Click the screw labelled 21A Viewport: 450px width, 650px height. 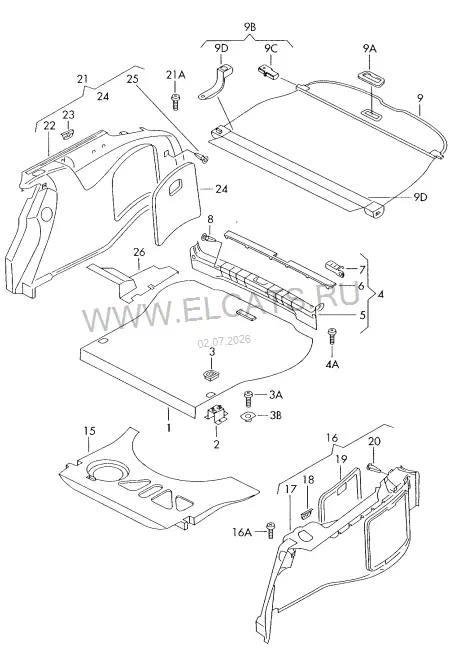tap(175, 102)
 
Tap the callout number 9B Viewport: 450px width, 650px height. tap(249, 27)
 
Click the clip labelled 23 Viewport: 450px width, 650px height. tap(68, 133)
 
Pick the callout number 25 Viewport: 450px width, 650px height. tap(133, 79)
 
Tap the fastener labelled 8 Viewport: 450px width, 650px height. tap(209, 238)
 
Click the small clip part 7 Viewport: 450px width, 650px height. tap(335, 268)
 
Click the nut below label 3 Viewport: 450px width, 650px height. tap(212, 374)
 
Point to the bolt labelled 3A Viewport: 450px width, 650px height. tap(248, 398)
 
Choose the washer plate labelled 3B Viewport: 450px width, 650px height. tap(249, 416)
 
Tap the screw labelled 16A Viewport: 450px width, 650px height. tap(271, 530)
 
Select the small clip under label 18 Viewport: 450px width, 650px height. tap(306, 515)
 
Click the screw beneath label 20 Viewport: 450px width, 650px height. tap(373, 468)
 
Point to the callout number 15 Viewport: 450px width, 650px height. tap(90, 431)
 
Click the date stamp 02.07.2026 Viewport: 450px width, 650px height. tap(224, 342)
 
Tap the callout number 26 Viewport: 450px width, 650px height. tap(140, 252)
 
